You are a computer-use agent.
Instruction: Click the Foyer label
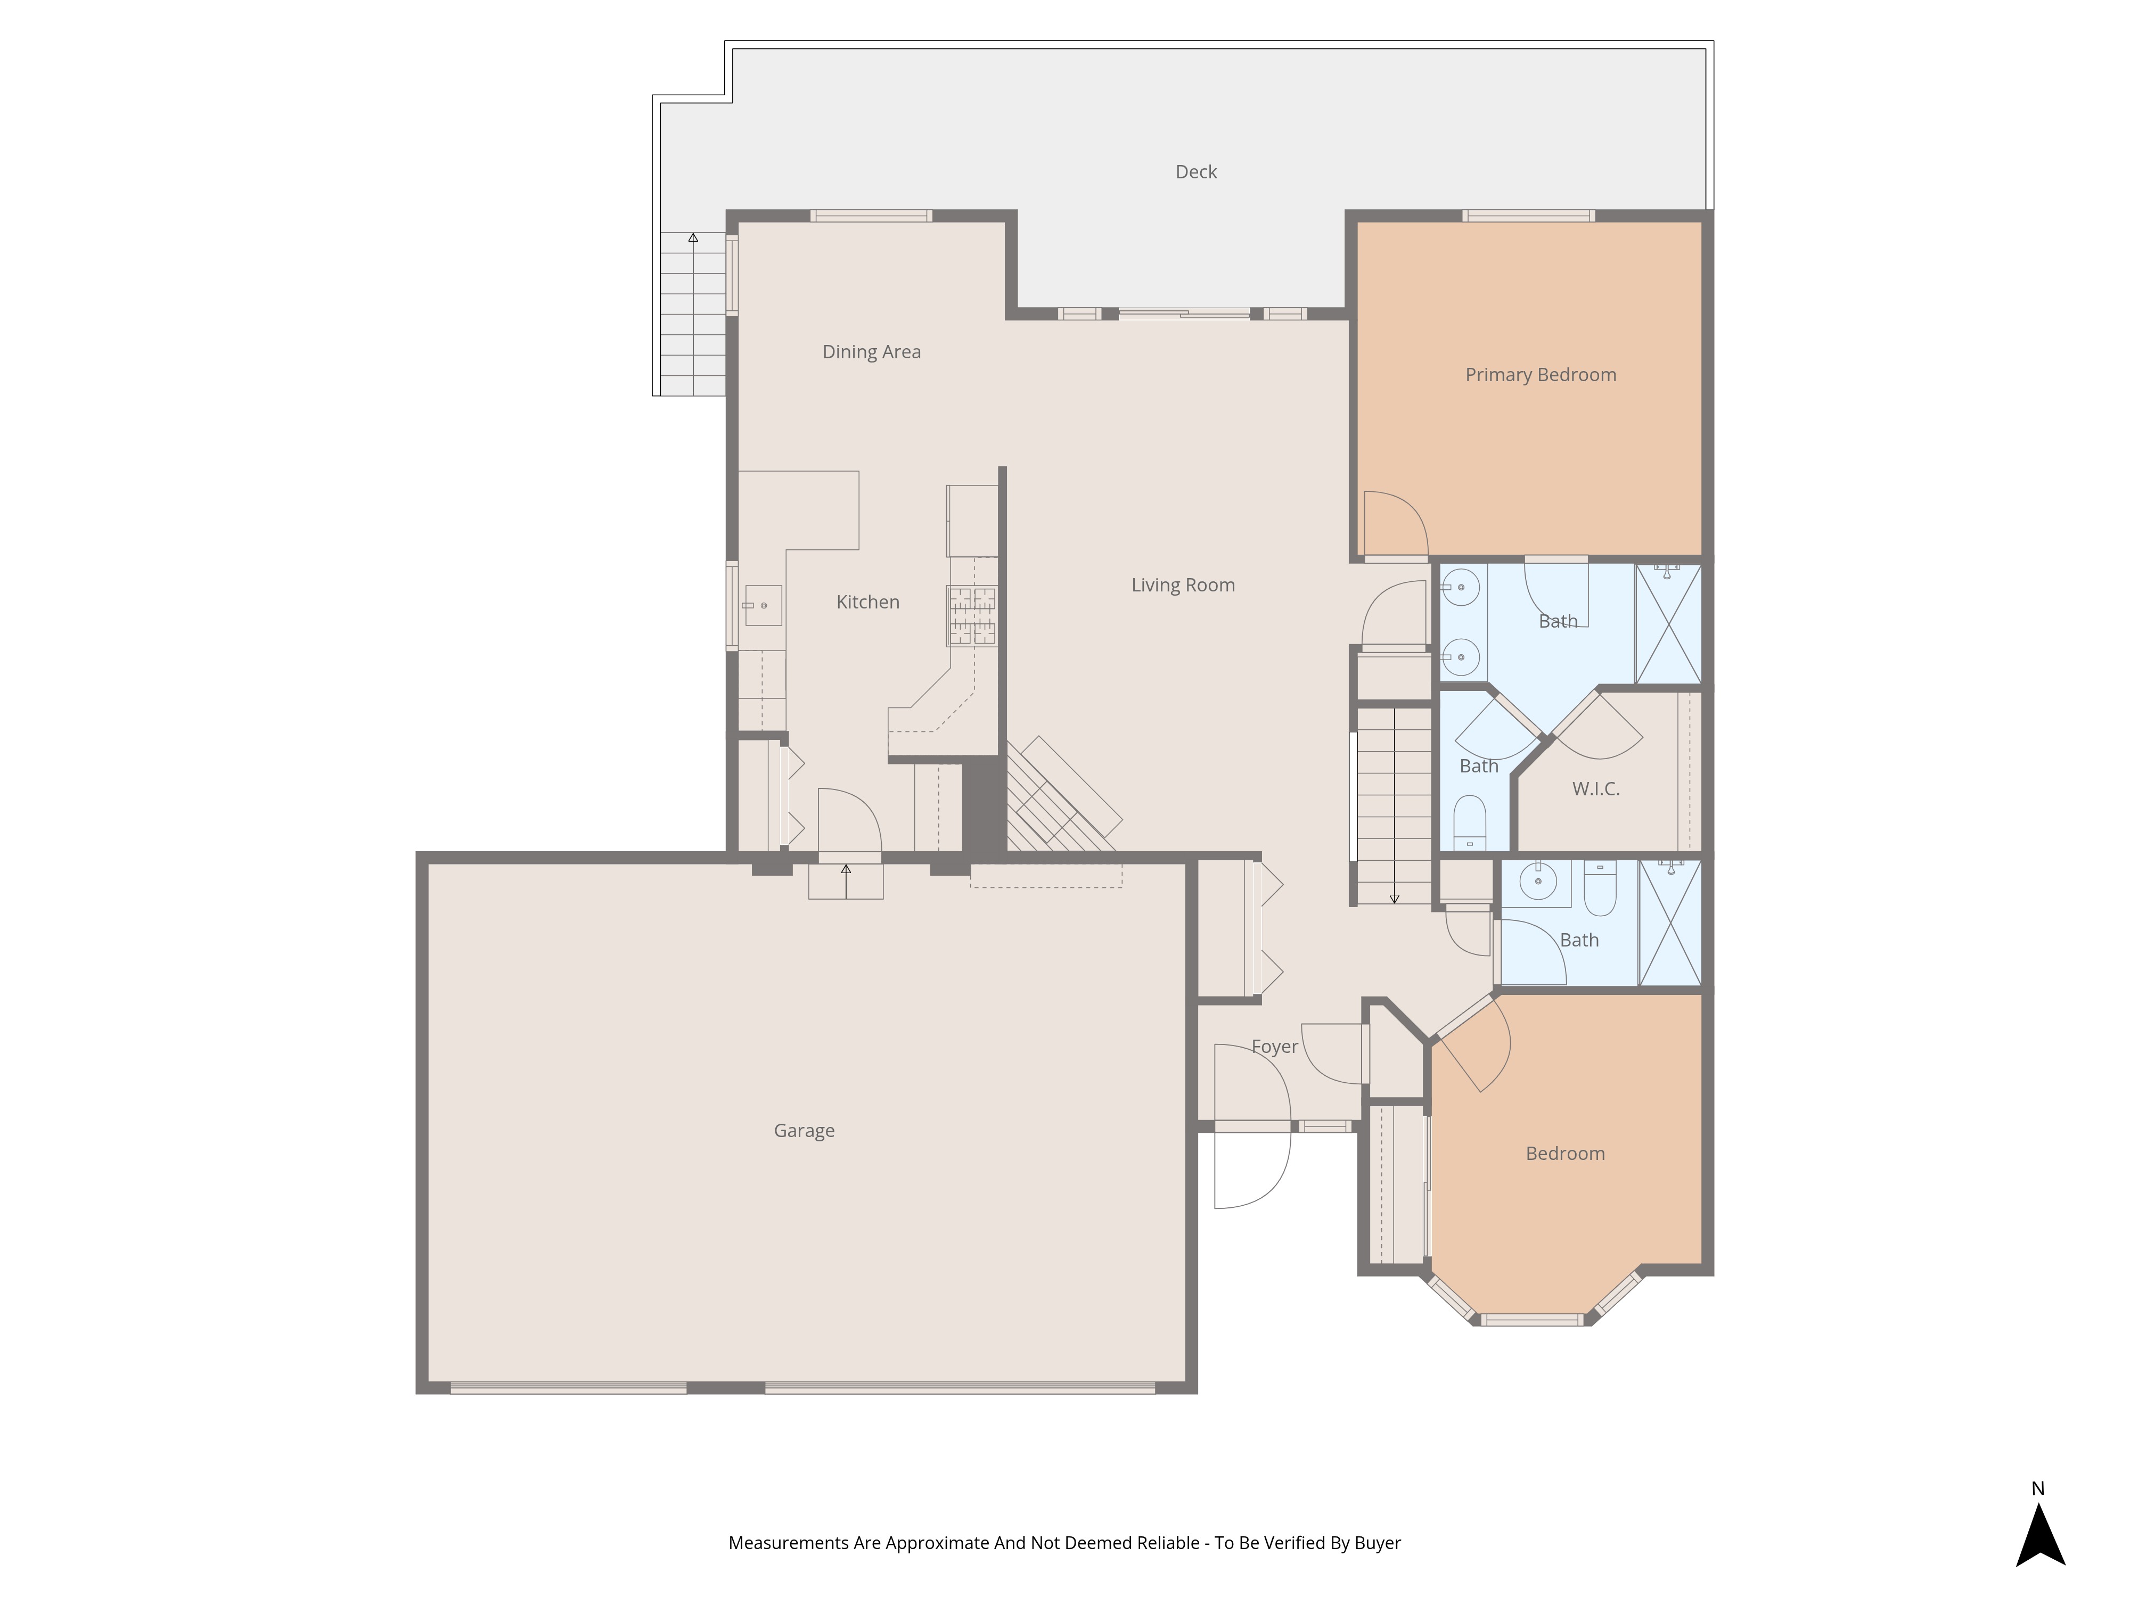(1273, 1047)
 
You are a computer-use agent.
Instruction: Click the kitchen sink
(763, 605)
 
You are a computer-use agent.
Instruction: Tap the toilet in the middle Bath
(1469, 821)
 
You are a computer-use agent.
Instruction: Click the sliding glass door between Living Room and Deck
(1183, 313)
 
